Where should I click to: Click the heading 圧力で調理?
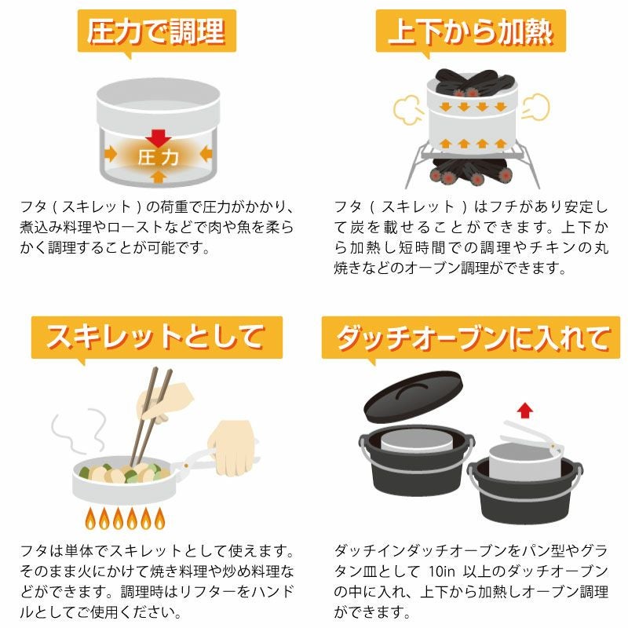(156, 31)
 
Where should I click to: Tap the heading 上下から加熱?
(470, 31)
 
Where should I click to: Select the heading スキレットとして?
(156, 338)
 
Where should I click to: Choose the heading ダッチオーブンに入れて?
(473, 338)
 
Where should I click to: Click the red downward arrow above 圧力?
(159, 138)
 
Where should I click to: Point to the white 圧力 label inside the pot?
(159, 158)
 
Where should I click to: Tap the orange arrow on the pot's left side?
(111, 154)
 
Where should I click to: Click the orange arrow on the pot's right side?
(206, 153)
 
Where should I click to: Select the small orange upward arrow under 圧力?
(159, 176)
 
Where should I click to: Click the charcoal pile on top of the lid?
(473, 83)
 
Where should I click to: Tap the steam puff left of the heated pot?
(408, 109)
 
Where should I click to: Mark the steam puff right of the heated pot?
(535, 107)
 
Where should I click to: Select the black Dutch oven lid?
(413, 396)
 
